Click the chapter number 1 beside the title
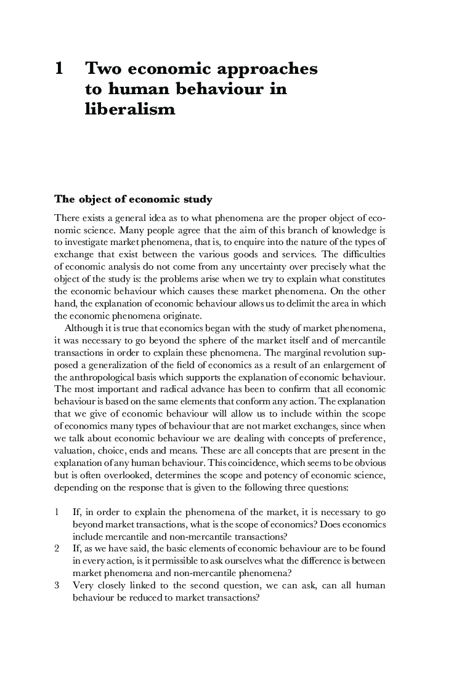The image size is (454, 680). pos(59,69)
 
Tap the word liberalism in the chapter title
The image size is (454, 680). pos(130,110)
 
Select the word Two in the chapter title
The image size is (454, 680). pos(103,69)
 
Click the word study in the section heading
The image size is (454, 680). pos(194,199)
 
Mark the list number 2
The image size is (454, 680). pos(57,548)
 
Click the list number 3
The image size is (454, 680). pos(57,585)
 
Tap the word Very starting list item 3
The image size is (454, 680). pos(83,585)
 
